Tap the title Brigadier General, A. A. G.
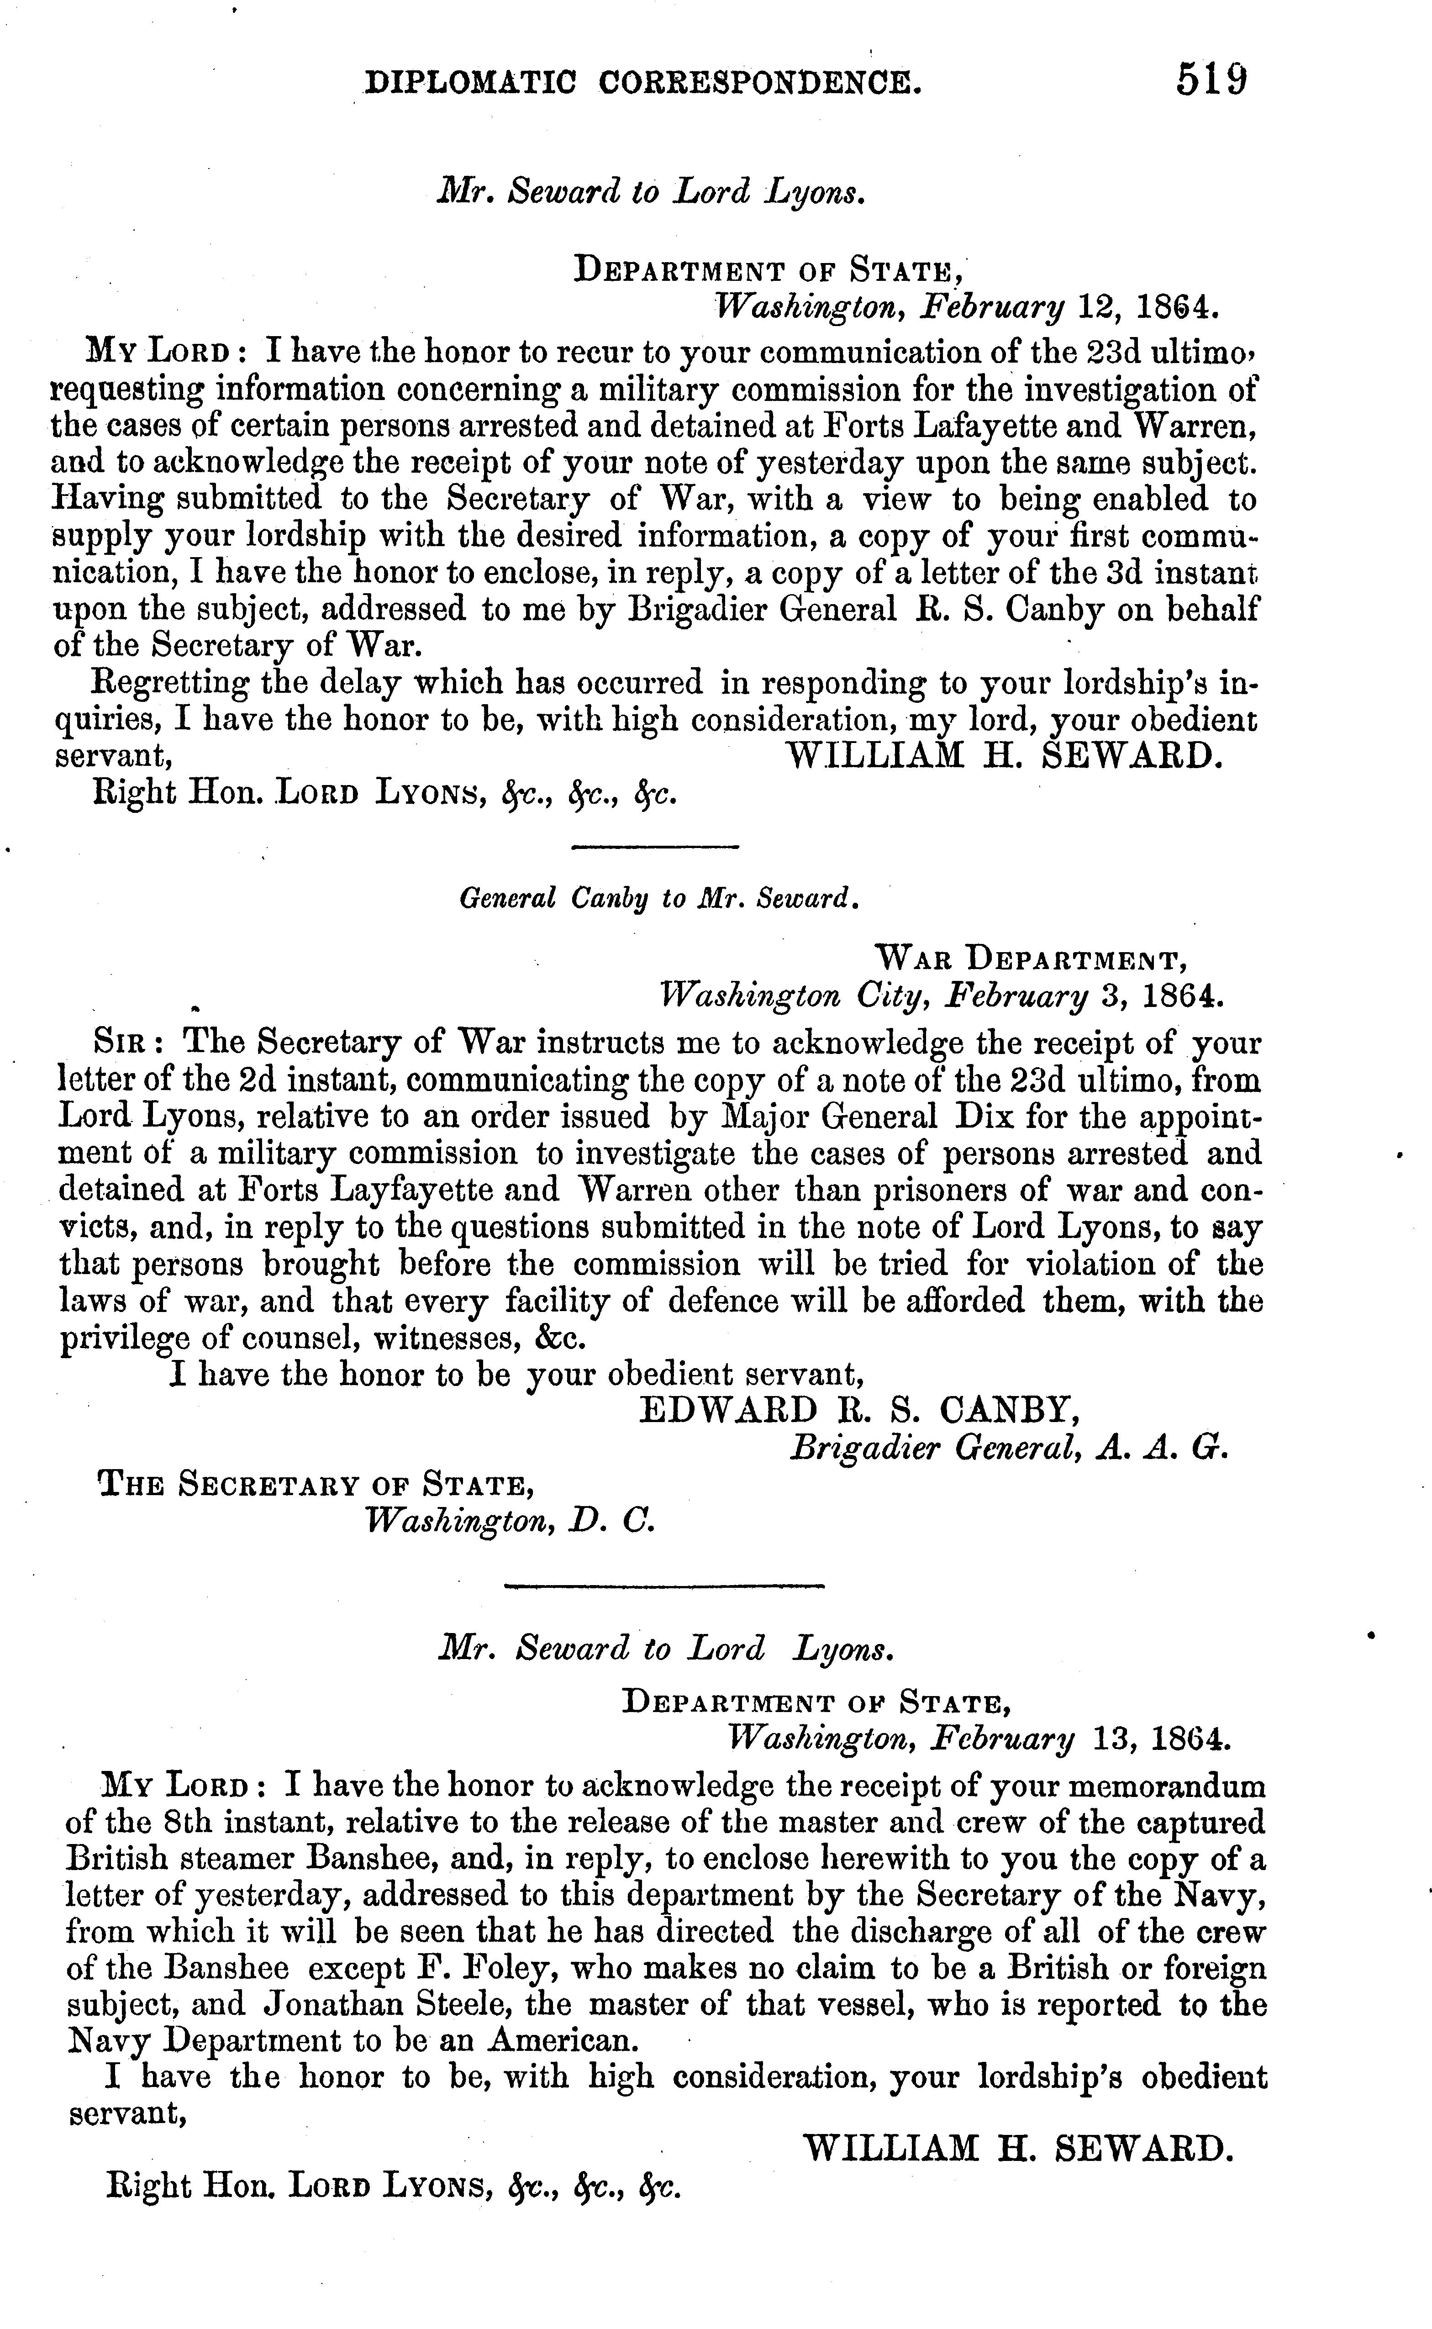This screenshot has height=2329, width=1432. [x=1009, y=1448]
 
